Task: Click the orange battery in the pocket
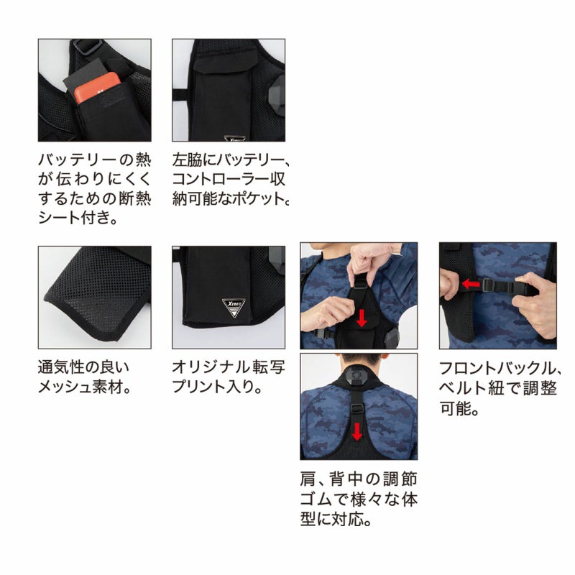click(97, 87)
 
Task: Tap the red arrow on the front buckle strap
click(471, 283)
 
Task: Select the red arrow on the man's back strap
click(356, 431)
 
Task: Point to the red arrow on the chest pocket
click(362, 318)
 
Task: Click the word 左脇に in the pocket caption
click(194, 160)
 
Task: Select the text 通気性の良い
click(83, 367)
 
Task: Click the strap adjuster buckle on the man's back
click(356, 408)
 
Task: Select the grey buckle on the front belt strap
click(488, 285)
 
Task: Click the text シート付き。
click(78, 218)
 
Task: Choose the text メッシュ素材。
click(85, 387)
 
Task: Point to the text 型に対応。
click(336, 519)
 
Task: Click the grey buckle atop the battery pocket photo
click(87, 46)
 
